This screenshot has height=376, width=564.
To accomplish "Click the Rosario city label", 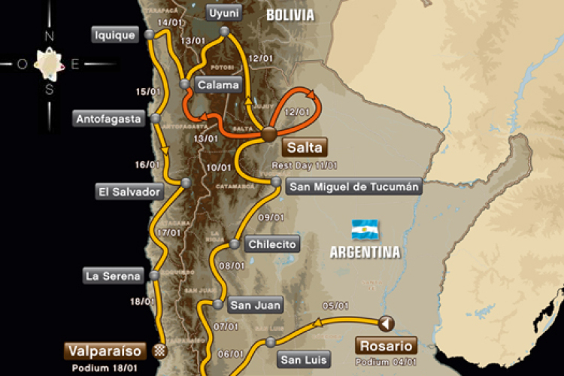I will click(385, 346).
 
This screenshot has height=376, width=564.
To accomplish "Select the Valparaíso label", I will click(105, 350).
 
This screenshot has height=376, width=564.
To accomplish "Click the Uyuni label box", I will click(223, 13).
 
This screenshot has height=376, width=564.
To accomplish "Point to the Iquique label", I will click(115, 34).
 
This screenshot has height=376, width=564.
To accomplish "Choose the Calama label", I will click(218, 84).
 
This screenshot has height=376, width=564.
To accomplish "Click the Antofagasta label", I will click(109, 118).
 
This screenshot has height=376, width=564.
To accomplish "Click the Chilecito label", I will click(274, 244).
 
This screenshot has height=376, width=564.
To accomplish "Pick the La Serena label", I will click(113, 276).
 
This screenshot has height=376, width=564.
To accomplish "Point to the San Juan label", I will click(256, 305).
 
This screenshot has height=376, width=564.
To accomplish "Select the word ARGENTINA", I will click(365, 252).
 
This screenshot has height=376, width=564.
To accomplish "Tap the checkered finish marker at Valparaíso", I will click(159, 350).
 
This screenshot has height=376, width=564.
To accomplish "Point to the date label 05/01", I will click(335, 305).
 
